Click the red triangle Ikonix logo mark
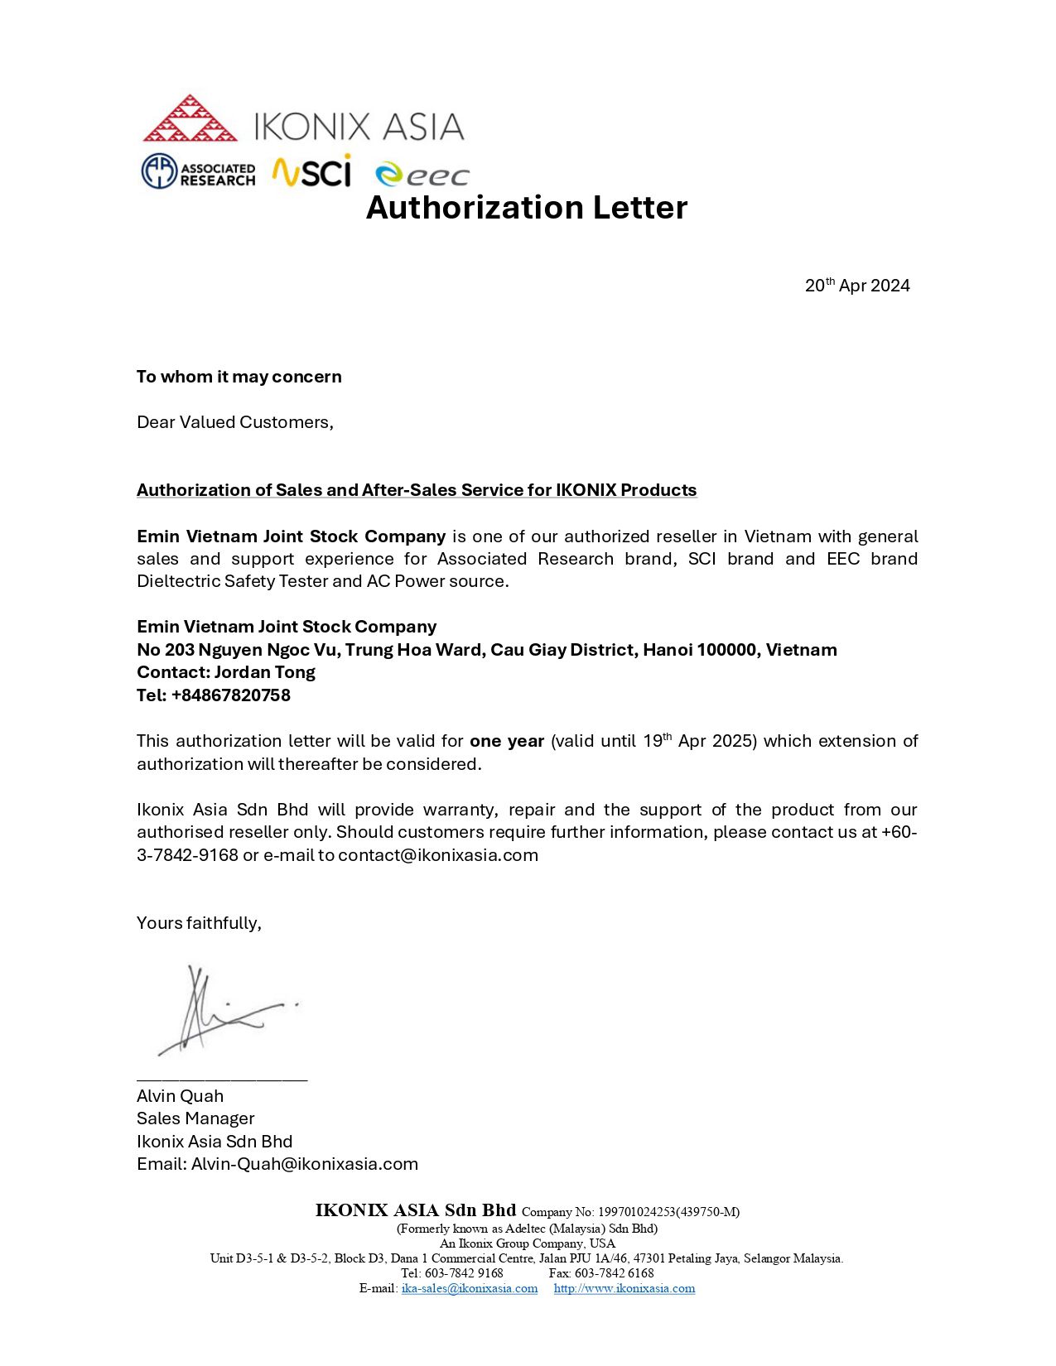pos(190,119)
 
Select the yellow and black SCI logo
pos(312,171)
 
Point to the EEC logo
pos(422,175)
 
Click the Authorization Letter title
pos(527,208)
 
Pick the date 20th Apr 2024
pos(857,286)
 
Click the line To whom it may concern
pos(239,377)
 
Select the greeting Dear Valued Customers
pos(234,422)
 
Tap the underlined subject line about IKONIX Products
pos(417,490)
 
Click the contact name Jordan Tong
pos(265,672)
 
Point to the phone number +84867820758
pos(231,695)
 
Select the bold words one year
pos(507,741)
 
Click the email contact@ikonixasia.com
pos(438,855)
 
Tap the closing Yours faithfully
pos(199,923)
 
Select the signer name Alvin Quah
pos(180,1096)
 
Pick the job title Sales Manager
pos(195,1118)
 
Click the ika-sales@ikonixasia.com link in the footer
pos(470,1288)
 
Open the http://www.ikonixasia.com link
pos(624,1288)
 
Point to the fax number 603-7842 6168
pos(614,1273)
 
